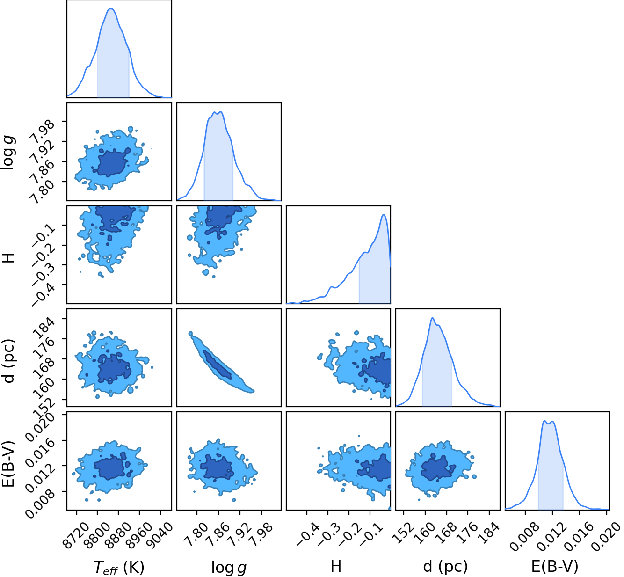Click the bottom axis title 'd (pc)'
(445, 567)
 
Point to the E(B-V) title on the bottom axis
(555, 567)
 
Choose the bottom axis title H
(336, 566)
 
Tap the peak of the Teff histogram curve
(110, 9)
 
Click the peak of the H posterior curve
(383, 215)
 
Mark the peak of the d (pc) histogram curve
(433, 318)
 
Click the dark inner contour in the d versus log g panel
(218, 365)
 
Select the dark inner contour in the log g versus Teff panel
(112, 162)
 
